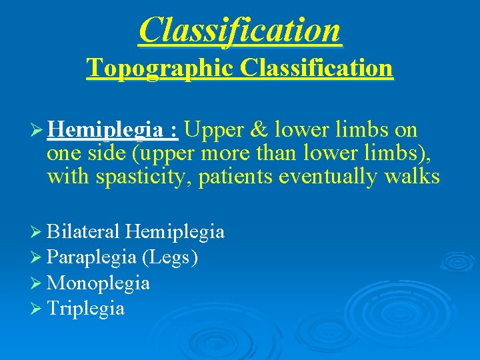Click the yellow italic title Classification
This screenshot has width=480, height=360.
click(240, 30)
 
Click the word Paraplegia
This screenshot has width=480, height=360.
click(91, 257)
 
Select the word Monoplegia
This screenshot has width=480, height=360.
click(99, 283)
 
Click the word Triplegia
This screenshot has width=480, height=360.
click(86, 309)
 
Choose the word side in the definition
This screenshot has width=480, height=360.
click(107, 153)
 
